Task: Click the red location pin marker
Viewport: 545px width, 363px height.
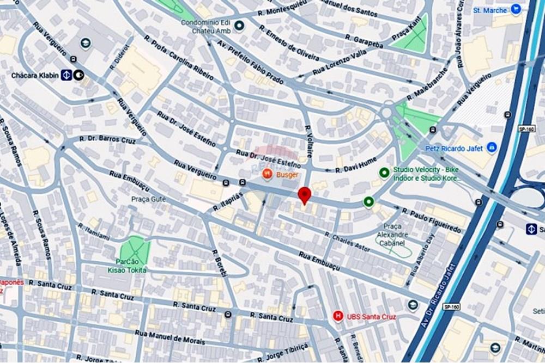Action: pos(304,195)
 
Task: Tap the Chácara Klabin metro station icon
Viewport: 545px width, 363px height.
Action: pos(66,75)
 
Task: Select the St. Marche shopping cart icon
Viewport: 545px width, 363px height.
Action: pos(515,9)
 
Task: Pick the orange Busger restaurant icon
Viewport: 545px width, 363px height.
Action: pos(267,174)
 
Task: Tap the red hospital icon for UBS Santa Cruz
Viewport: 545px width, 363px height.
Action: pos(338,316)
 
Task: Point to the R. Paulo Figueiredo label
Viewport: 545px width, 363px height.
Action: pos(432,219)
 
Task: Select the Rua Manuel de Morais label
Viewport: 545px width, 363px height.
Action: pos(169,337)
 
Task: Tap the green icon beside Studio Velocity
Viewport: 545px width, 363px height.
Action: pos(384,173)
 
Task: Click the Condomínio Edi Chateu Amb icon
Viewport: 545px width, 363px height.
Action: pos(239,26)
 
